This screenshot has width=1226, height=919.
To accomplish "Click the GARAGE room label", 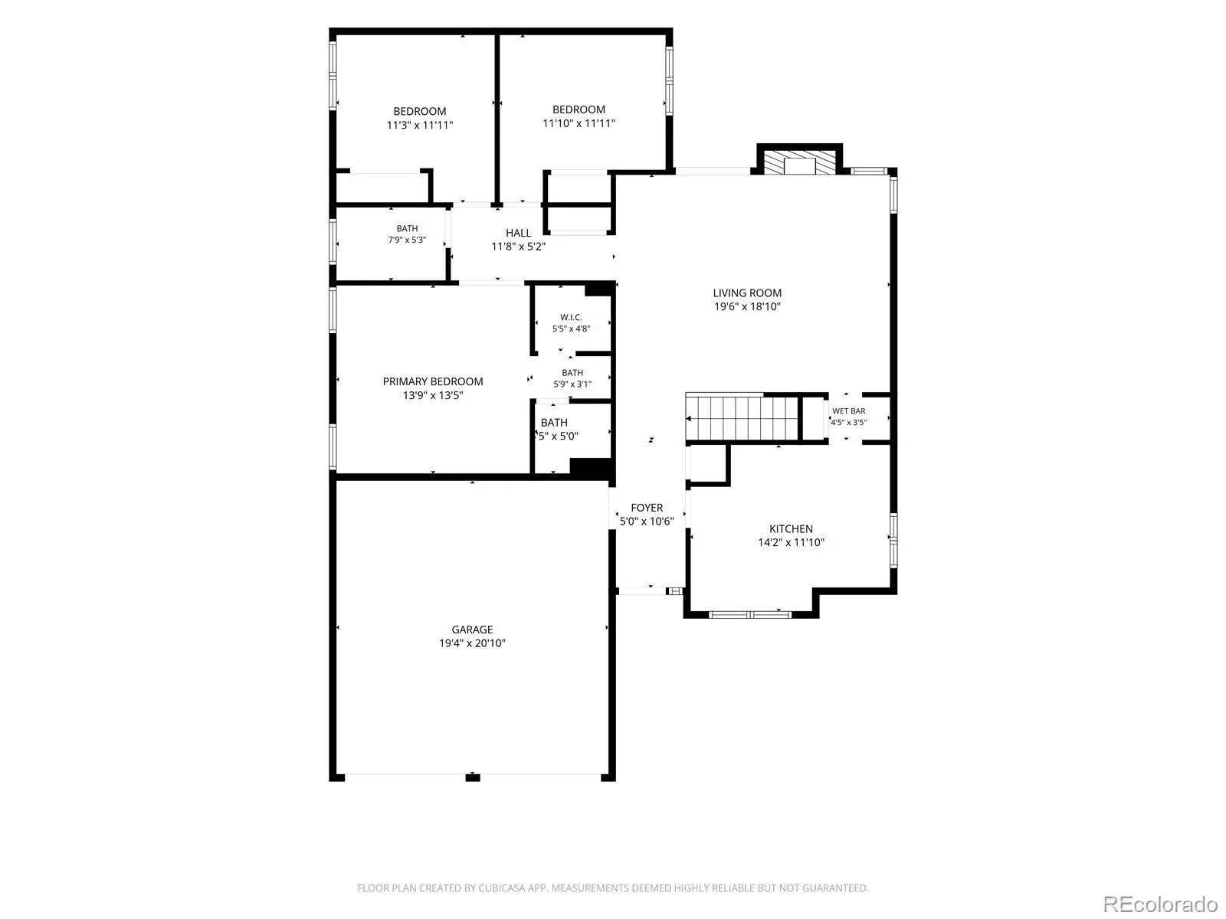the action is click(x=472, y=629).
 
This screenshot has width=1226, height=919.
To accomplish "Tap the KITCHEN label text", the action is click(x=791, y=528).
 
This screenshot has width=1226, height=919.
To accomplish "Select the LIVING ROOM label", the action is click(x=747, y=293).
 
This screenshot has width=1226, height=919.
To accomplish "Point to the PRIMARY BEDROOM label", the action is click(x=432, y=381).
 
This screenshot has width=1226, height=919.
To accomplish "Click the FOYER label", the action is click(x=647, y=507).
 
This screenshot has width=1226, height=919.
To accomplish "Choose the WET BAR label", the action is click(x=848, y=410).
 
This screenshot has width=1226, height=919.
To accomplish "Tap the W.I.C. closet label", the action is click(x=571, y=317).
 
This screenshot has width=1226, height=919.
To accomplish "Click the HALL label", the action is click(x=518, y=233).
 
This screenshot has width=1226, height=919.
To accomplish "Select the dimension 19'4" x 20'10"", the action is click(x=472, y=643).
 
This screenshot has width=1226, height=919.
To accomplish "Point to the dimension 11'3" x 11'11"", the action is click(x=419, y=125).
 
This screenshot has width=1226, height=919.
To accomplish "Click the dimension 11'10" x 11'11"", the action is click(x=579, y=123).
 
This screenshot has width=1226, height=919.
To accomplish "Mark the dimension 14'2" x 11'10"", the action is click(x=791, y=542).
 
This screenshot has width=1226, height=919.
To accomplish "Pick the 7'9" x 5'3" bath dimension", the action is click(x=407, y=240).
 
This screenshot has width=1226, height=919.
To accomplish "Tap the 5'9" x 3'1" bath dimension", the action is click(x=572, y=384).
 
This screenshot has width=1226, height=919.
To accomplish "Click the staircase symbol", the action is click(x=742, y=418).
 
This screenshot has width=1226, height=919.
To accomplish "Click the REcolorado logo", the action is click(x=1161, y=904).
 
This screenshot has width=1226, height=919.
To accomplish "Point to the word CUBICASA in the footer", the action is click(x=503, y=888).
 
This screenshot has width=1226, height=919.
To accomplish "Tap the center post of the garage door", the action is click(x=473, y=777).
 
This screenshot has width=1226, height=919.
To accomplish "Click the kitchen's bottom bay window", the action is click(x=749, y=614).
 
